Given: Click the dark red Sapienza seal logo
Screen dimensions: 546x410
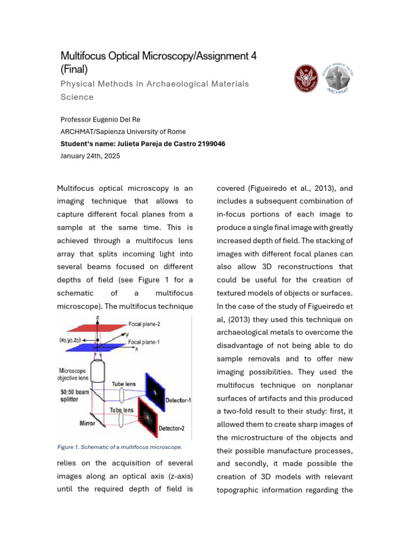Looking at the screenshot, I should (x=309, y=78).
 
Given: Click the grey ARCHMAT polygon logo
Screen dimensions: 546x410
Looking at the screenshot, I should (x=341, y=78).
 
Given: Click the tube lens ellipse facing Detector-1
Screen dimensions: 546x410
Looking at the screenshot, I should (x=123, y=395).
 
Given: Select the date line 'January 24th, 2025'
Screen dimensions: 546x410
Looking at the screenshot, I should (x=90, y=156).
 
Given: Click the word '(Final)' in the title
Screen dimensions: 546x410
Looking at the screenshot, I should (x=74, y=69).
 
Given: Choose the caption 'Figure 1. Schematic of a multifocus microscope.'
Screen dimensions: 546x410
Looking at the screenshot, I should (x=120, y=447).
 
